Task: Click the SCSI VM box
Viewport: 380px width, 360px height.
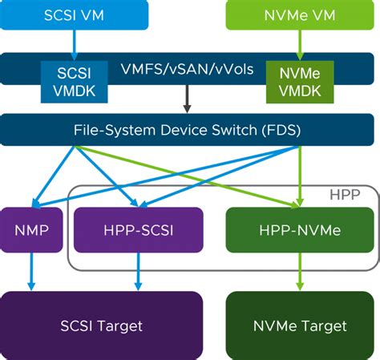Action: pos(75,15)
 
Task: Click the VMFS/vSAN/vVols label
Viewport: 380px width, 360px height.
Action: pos(188,69)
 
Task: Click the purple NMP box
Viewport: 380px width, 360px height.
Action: pos(31,230)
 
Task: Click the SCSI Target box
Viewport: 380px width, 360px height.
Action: pos(101,326)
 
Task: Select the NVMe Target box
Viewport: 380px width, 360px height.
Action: pos(301,326)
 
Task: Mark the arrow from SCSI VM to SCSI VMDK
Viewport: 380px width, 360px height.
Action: pos(75,42)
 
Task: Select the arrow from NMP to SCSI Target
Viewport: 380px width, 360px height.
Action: pos(31,271)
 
